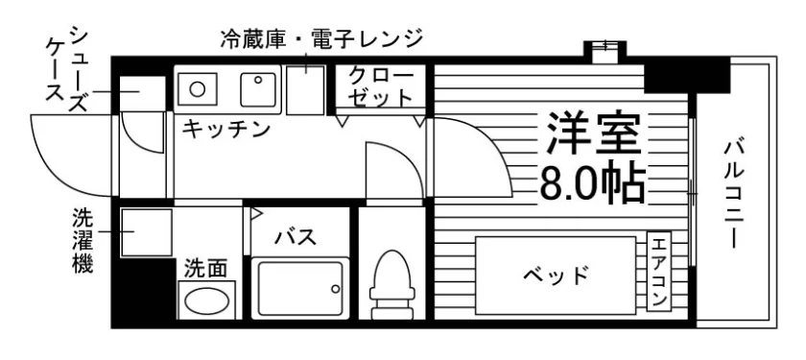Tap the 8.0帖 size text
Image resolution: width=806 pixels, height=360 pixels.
point(593,183)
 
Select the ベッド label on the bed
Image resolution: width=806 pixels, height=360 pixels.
point(556,276)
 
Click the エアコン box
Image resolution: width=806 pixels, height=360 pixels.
point(658,272)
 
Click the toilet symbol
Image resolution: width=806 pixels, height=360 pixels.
point(393,285)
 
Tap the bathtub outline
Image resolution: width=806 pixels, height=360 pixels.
point(300,289)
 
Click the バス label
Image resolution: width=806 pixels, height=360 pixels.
point(296,236)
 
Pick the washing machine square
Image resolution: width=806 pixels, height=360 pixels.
point(146,232)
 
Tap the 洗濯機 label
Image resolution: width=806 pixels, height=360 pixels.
point(83,240)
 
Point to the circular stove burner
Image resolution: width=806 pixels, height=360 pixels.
point(197,89)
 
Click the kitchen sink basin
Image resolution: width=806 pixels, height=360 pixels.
point(258,90)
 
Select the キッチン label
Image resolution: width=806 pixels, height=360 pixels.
point(226,128)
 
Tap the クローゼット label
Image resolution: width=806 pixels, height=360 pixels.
point(380,87)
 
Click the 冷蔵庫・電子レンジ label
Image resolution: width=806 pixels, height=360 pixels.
point(321,38)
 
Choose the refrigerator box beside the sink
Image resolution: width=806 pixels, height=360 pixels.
point(305,90)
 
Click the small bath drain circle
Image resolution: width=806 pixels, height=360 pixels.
point(335,289)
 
